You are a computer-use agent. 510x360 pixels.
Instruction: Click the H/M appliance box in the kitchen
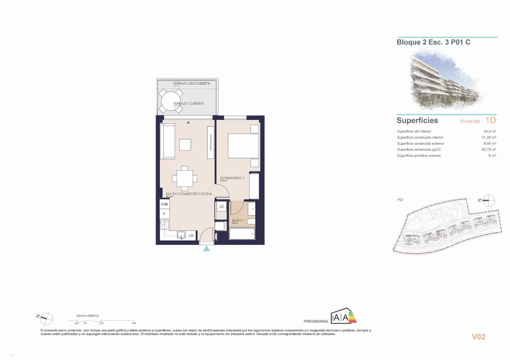click(164, 204)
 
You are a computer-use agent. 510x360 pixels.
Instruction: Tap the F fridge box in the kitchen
click(164, 214)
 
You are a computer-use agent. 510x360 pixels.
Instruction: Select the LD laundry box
click(221, 207)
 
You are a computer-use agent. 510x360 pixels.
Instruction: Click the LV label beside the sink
click(191, 236)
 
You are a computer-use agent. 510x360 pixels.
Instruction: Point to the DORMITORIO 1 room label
click(232, 178)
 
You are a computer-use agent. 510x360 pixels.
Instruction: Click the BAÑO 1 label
click(238, 220)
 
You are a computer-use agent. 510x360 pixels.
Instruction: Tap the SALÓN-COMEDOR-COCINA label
click(189, 194)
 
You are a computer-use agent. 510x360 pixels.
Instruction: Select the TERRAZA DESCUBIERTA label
click(192, 83)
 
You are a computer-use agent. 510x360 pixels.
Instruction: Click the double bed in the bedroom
click(243, 146)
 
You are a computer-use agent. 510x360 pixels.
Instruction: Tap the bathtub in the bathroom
click(242, 234)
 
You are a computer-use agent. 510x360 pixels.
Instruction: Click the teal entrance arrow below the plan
click(207, 248)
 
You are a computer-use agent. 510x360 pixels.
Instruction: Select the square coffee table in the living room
click(185, 145)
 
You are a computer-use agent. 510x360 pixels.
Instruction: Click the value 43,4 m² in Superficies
click(490, 131)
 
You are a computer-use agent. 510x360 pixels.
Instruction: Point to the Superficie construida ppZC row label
click(419, 149)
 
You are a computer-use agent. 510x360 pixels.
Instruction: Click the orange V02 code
click(478, 337)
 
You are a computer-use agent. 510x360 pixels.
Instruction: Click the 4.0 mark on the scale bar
click(134, 323)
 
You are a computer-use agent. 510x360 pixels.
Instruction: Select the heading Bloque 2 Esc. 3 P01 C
click(433, 42)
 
